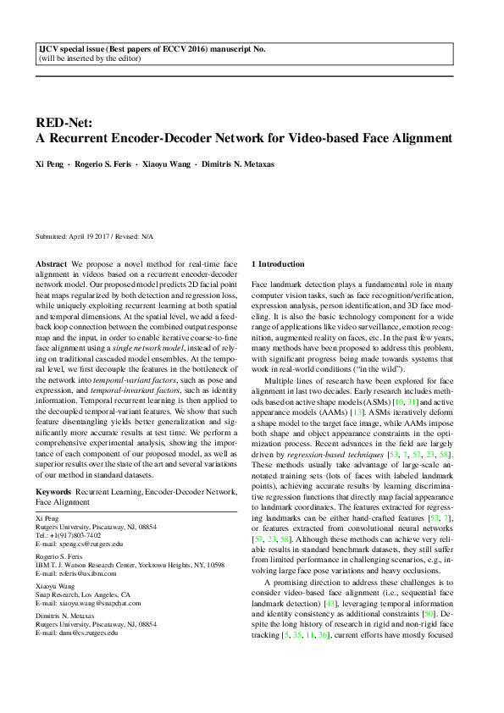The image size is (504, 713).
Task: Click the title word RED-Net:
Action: point(62,123)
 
